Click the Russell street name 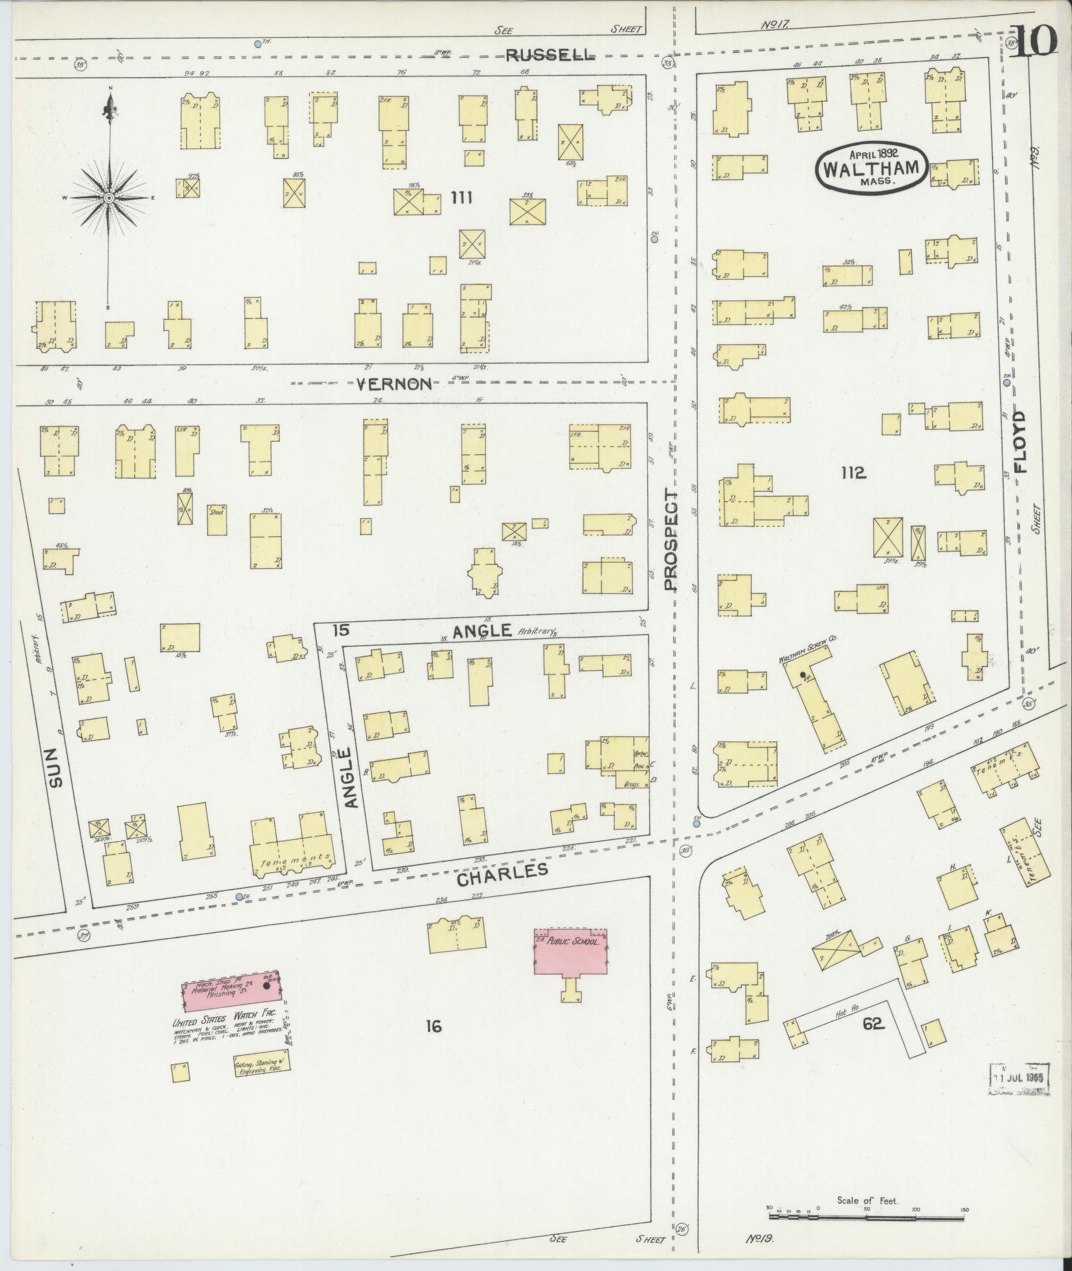pos(549,56)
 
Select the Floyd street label pos(1019,441)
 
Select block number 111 pos(461,197)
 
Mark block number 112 pos(853,473)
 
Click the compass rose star pos(108,197)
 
